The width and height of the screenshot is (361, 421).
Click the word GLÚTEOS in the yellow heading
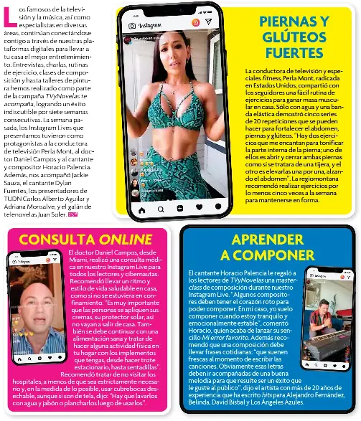(299, 35)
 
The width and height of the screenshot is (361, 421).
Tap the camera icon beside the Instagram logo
(132, 26)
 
